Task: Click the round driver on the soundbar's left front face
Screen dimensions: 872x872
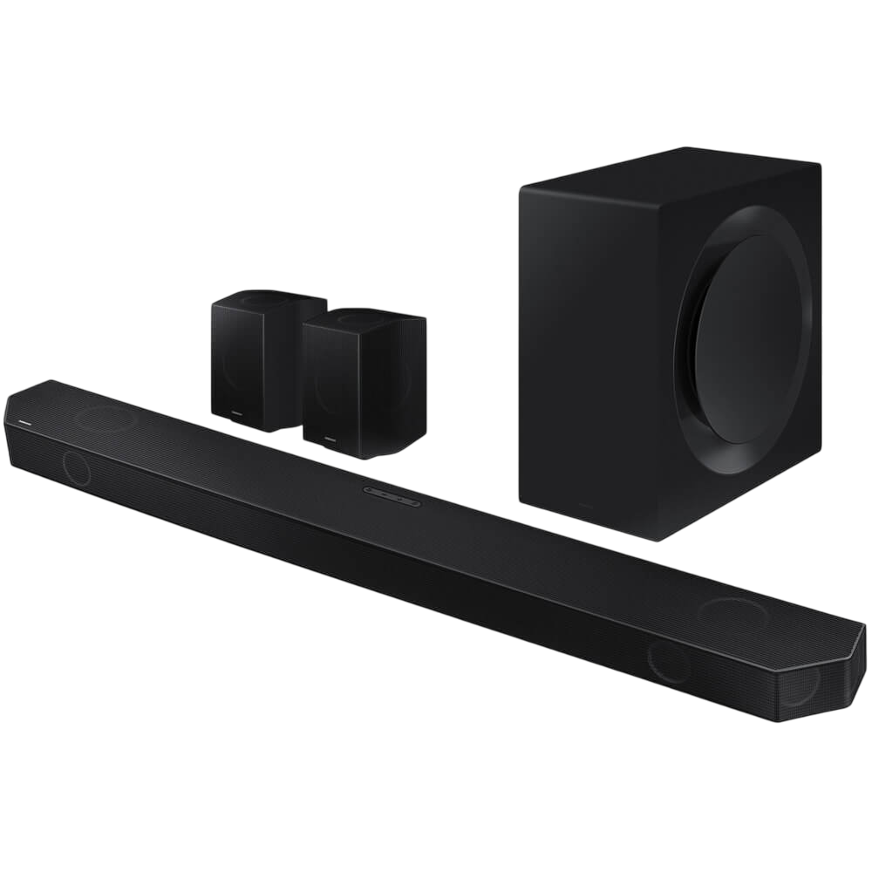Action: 76,467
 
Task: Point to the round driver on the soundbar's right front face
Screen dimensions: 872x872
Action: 669,662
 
